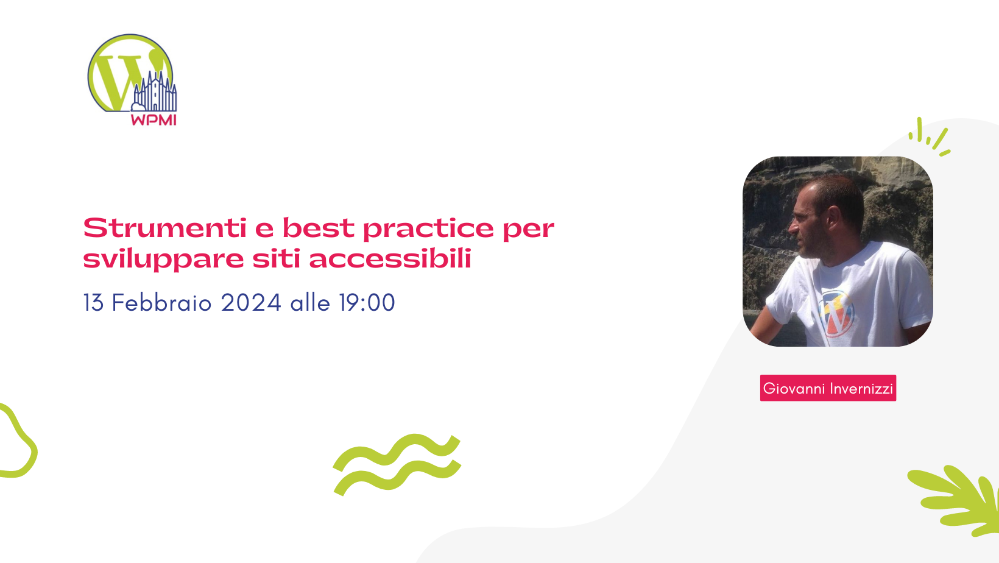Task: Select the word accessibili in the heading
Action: click(390, 259)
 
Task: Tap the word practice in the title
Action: click(428, 228)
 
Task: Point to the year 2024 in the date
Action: click(250, 303)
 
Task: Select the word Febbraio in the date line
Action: click(161, 303)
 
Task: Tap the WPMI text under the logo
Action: click(154, 120)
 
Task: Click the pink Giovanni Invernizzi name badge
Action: click(828, 388)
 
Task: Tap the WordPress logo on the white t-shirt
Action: click(837, 312)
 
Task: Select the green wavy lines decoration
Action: click(397, 464)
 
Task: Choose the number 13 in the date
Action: click(93, 303)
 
